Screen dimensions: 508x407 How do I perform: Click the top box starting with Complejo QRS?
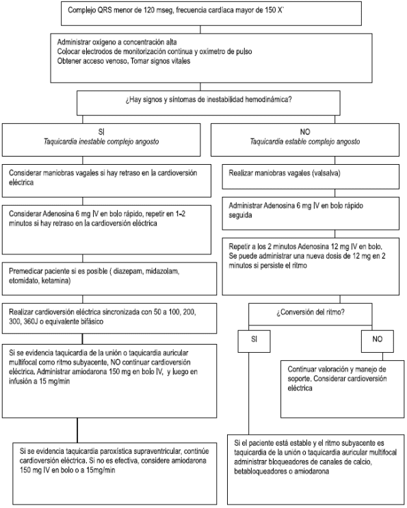(202, 12)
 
